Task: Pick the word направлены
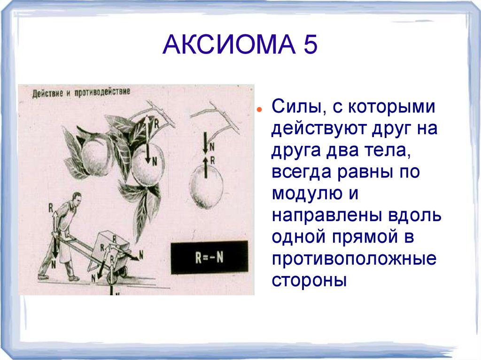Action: (x=327, y=215)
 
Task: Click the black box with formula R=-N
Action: (x=209, y=258)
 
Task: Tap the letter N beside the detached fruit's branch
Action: (x=212, y=146)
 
